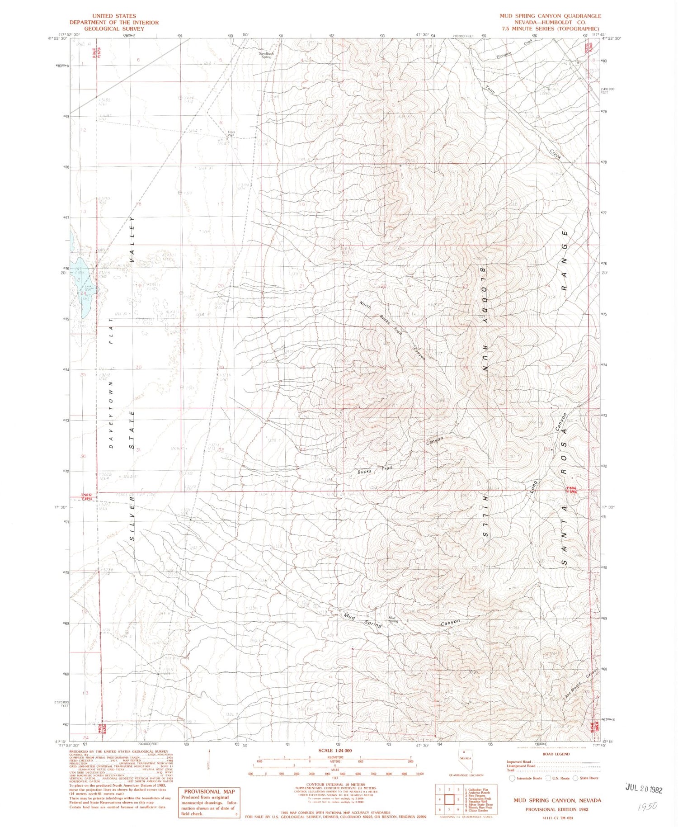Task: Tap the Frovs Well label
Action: click(x=231, y=134)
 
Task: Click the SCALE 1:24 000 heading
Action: click(x=335, y=751)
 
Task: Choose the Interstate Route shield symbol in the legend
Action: click(x=512, y=778)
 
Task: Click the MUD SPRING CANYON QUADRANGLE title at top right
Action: click(x=550, y=16)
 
